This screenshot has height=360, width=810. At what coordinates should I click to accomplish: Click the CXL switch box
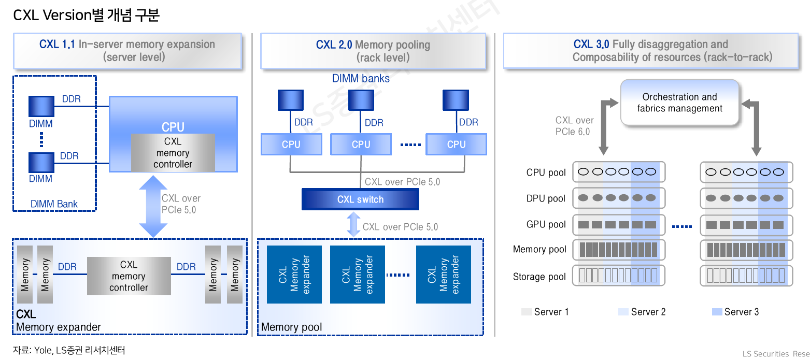(360, 199)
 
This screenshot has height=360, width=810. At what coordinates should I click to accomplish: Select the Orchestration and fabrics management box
(679, 103)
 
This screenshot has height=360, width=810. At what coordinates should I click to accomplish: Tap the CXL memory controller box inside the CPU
(173, 153)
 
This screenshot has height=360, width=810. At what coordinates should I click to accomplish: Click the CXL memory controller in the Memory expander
(129, 276)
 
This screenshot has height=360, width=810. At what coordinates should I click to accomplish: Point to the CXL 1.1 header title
(127, 50)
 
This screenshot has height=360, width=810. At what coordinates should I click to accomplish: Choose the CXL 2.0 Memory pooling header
(373, 51)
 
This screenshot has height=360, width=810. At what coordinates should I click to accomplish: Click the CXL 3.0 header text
(650, 51)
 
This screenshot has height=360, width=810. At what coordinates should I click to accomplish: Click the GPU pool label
(546, 224)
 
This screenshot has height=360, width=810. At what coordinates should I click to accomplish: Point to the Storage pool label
(539, 277)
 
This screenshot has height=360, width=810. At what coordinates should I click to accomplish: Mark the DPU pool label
(546, 198)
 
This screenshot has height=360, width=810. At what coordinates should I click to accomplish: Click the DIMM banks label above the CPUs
(361, 79)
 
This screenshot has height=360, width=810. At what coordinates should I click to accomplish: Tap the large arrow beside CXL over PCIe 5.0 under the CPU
(153, 207)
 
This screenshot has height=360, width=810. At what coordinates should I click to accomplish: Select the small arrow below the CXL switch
(353, 224)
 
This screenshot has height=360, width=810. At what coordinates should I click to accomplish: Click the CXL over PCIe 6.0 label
(574, 126)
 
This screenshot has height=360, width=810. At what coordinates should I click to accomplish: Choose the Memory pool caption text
(291, 327)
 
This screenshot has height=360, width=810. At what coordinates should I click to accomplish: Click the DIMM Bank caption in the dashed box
(54, 204)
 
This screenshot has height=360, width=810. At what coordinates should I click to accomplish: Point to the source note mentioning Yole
(69, 350)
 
